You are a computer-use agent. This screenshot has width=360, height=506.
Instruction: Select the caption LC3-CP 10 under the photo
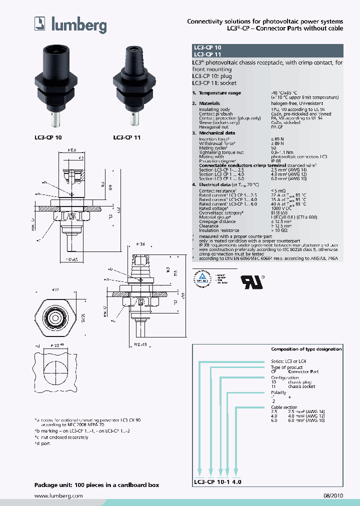[x=48, y=136]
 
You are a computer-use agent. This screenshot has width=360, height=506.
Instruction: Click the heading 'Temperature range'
[x=219, y=93]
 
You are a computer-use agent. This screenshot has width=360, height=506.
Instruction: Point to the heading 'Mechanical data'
[x=216, y=133]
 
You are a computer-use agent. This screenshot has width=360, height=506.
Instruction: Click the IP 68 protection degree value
[x=276, y=161]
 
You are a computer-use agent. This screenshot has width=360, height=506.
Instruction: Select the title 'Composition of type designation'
[x=306, y=349]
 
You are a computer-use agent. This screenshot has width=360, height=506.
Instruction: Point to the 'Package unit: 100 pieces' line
[x=96, y=485]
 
